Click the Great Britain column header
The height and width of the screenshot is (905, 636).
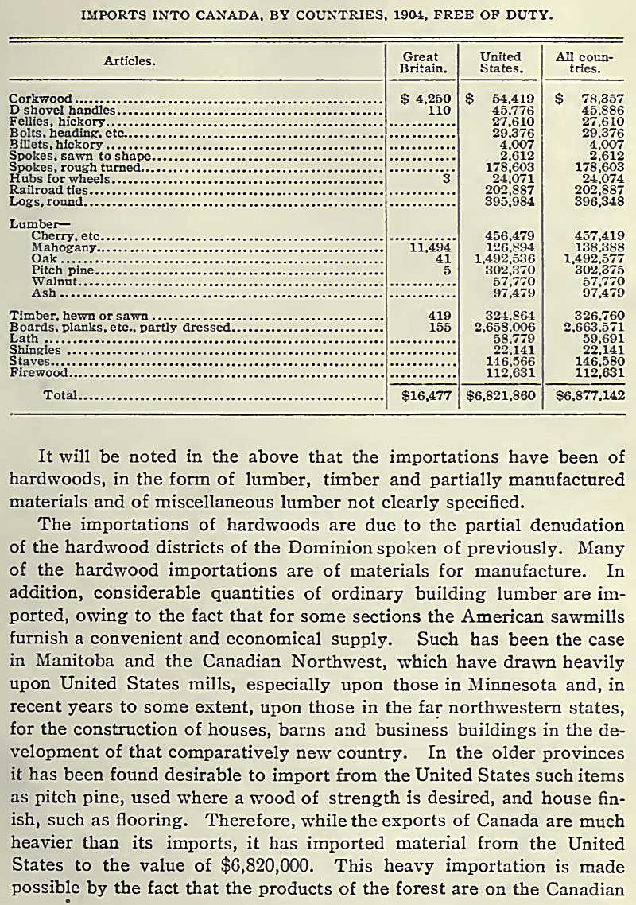click(x=421, y=62)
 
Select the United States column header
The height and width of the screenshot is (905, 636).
click(x=500, y=62)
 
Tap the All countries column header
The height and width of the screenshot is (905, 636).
click(x=578, y=62)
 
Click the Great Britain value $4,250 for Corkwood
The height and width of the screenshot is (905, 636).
click(x=426, y=99)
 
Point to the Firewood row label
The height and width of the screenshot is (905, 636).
click(x=37, y=371)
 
